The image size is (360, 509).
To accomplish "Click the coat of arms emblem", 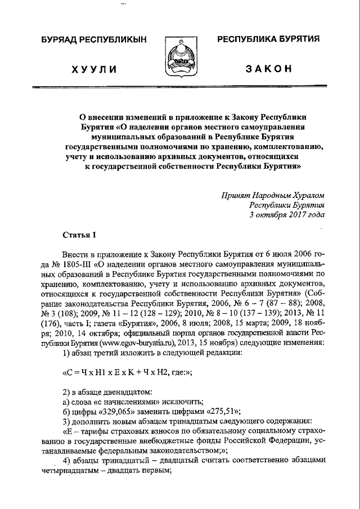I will click(x=180, y=59).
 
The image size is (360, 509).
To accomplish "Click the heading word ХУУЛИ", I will click(x=94, y=69).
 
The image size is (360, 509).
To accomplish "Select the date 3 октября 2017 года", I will click(x=287, y=215).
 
